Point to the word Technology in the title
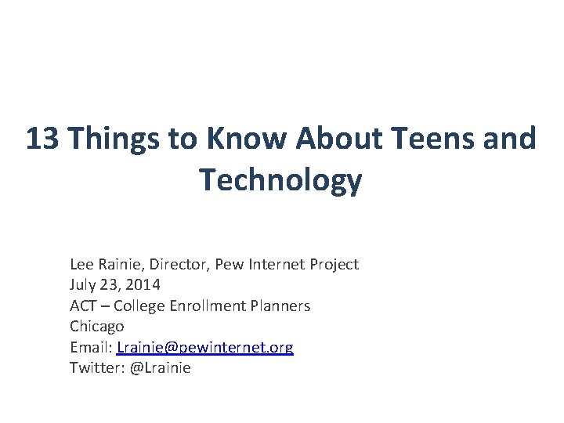click(281, 180)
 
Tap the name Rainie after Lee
click(119, 265)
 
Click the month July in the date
click(83, 285)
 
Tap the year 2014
click(145, 285)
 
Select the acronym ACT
click(84, 305)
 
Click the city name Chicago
click(97, 326)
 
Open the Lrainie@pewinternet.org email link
click(204, 347)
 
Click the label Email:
click(91, 347)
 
